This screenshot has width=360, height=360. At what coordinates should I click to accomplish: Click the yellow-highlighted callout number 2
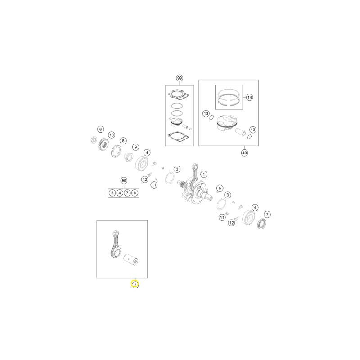point(135,284)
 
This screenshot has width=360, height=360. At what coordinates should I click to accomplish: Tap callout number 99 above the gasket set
point(180,78)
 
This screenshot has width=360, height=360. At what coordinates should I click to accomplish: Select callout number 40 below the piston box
point(244,153)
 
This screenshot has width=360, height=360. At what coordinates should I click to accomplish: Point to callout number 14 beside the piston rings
point(250,97)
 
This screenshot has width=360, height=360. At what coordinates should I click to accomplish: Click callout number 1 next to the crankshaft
point(204,174)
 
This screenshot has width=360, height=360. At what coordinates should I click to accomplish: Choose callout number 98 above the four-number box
point(124,181)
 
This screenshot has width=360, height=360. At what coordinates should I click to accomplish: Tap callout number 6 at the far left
point(100,130)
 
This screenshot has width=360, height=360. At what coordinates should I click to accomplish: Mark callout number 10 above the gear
point(112,135)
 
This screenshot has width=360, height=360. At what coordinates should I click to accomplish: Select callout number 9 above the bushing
point(136,147)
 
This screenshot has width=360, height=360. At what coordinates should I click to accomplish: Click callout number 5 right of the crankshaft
point(220,188)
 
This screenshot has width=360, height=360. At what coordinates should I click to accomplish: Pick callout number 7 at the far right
point(267,215)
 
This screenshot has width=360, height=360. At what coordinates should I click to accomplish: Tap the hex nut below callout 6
point(94,140)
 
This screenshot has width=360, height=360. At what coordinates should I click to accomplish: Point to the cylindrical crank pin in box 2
point(131,260)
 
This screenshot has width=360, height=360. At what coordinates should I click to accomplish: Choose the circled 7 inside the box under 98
point(127,193)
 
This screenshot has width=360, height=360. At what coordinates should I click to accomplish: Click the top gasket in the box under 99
point(179,94)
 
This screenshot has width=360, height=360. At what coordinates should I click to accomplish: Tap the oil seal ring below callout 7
point(262,224)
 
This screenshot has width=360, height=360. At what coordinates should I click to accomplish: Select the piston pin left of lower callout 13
point(241,132)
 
